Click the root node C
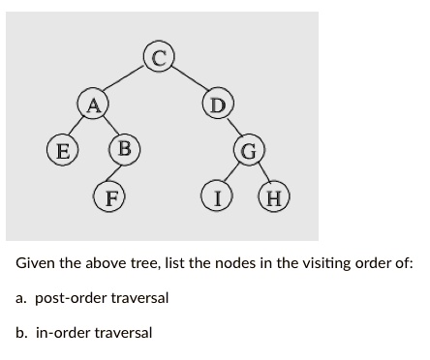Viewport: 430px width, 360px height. pos(161,56)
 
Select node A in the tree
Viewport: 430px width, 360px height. pos(93,104)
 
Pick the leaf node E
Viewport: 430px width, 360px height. pos(63,151)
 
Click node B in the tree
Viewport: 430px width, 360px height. pos(123,150)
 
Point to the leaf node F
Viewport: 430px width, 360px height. pos(112,199)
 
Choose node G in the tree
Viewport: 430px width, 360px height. pos(249,152)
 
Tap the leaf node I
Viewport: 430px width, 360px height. pos(219,199)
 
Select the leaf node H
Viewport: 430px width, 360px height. pos(274,199)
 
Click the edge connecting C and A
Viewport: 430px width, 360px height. pos(127,79)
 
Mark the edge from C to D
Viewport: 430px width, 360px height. pos(191,79)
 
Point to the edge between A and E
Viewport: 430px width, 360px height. pos(78,127)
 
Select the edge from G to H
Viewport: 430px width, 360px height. pos(262,176)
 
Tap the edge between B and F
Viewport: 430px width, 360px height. pos(118,174)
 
